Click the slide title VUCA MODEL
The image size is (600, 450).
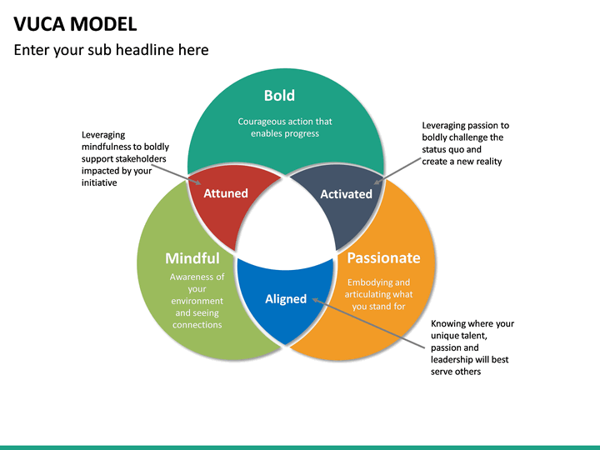point(76,22)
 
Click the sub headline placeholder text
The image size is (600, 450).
point(111,50)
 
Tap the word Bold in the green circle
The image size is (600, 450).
point(279,96)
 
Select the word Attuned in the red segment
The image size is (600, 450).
point(226,193)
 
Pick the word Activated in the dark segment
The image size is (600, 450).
point(346,194)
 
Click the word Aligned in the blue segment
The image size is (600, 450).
point(286,299)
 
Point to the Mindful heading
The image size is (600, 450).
point(192,258)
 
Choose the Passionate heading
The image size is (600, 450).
point(383,257)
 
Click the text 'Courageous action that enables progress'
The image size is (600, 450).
point(285,127)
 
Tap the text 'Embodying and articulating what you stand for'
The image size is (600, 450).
point(378,294)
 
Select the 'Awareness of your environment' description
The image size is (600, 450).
point(197,301)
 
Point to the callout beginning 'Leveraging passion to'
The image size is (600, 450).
point(464,143)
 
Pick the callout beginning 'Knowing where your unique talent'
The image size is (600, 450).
point(472,347)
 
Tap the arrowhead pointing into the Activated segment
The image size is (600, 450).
point(377,181)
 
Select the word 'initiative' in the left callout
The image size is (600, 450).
point(99,182)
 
